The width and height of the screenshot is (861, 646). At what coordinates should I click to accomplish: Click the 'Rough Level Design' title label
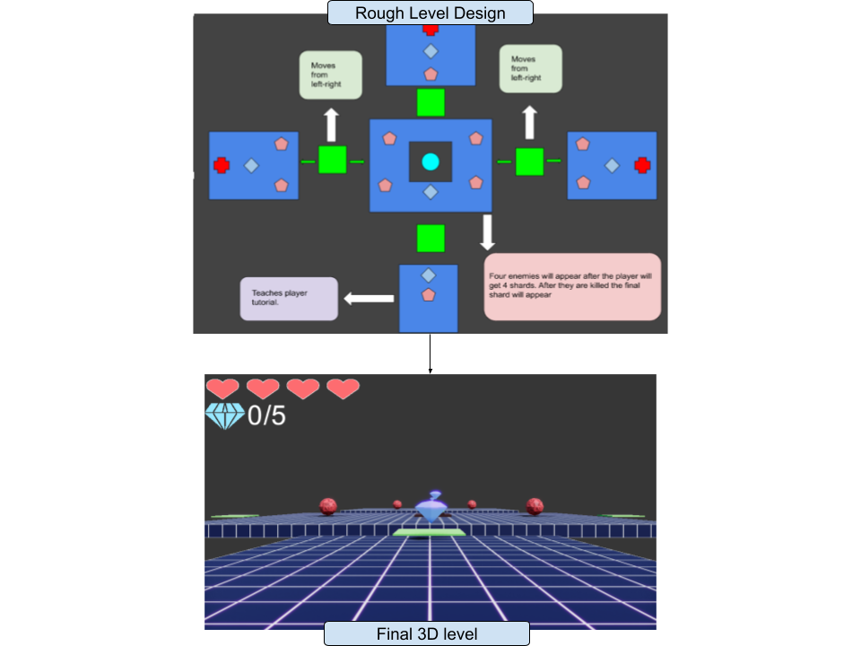click(x=430, y=13)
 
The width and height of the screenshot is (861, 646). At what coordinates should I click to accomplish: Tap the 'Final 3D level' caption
click(x=426, y=634)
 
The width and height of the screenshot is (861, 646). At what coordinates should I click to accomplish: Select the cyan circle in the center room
click(x=430, y=161)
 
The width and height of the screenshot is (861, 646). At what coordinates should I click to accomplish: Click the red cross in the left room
click(x=222, y=165)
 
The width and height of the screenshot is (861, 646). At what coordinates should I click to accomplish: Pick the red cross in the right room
click(x=642, y=165)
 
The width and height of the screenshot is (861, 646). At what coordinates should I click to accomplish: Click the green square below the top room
click(x=430, y=102)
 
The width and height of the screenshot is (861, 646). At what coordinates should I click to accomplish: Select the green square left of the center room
click(x=333, y=160)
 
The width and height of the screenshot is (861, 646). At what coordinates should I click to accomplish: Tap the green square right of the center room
click(x=529, y=161)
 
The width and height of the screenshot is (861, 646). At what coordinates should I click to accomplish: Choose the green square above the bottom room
click(x=430, y=239)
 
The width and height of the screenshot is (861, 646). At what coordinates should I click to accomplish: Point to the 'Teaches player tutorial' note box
click(x=289, y=299)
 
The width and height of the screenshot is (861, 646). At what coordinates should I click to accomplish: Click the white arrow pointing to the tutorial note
click(x=370, y=298)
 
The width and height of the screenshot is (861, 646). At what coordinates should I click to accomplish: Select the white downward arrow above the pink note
click(x=487, y=231)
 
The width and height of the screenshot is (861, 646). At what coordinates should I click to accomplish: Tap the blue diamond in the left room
click(x=251, y=165)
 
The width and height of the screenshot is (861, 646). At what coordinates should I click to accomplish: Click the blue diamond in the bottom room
click(x=429, y=275)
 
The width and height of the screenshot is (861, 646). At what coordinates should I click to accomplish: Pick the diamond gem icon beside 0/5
click(x=224, y=415)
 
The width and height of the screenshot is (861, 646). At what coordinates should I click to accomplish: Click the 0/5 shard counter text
click(x=266, y=415)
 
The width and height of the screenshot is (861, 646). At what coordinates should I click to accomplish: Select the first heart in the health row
click(x=222, y=388)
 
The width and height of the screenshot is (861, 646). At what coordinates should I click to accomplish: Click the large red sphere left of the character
click(x=328, y=506)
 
